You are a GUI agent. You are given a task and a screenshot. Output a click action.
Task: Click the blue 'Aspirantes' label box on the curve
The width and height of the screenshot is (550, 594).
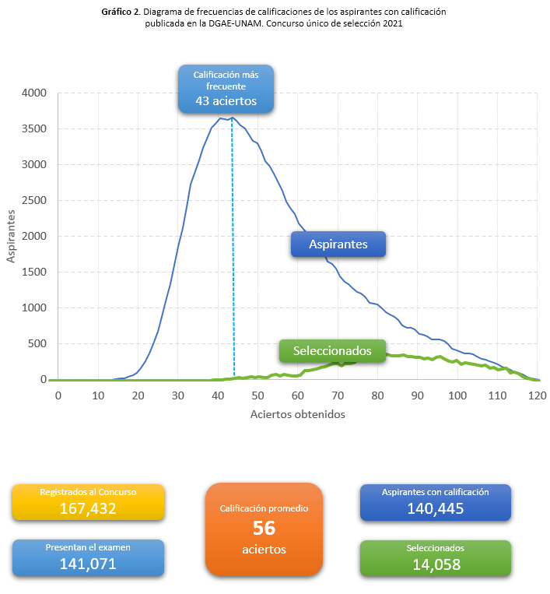pyautogui.click(x=338, y=244)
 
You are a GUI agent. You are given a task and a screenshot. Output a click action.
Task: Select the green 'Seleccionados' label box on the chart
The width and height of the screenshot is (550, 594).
pyautogui.click(x=332, y=351)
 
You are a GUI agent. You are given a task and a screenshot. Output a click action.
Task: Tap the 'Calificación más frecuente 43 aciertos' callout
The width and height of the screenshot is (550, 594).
pyautogui.click(x=226, y=89)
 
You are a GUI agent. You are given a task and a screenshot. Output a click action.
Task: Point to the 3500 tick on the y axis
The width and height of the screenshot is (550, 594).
pyautogui.click(x=34, y=128)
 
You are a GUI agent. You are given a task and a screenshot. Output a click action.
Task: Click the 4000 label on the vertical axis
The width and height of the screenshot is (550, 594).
pyautogui.click(x=34, y=93)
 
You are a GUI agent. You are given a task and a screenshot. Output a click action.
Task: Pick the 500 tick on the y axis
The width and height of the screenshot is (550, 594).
pyautogui.click(x=37, y=343)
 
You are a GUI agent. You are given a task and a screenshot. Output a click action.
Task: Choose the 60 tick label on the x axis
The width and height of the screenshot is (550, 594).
pyautogui.click(x=297, y=396)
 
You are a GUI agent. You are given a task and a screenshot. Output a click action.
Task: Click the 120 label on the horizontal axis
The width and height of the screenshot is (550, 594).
pyautogui.click(x=537, y=396)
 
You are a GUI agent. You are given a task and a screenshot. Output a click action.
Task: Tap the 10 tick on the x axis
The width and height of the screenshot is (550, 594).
pyautogui.click(x=98, y=396)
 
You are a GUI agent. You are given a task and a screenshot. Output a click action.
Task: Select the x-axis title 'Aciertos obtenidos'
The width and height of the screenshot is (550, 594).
pyautogui.click(x=297, y=414)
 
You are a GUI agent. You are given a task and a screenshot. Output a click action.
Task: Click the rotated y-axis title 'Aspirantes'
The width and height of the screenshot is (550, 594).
pyautogui.click(x=11, y=237)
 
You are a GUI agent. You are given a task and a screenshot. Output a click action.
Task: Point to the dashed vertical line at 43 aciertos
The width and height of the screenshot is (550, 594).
pyautogui.click(x=233, y=248)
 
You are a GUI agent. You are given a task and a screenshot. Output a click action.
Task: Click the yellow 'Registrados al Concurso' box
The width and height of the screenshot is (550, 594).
pyautogui.click(x=88, y=502)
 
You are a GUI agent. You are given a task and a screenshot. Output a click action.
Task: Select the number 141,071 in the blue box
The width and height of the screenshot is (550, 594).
pyautogui.click(x=88, y=564)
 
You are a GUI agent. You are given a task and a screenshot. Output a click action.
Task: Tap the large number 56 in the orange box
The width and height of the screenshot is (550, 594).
pyautogui.click(x=264, y=528)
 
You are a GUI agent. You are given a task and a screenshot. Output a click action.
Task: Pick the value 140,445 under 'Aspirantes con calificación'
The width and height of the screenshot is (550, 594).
pyautogui.click(x=436, y=509)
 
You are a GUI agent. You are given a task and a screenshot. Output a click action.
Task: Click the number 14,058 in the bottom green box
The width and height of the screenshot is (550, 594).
pyautogui.click(x=436, y=565)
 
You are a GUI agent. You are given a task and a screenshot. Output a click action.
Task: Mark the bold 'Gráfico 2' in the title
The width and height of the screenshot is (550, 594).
pyautogui.click(x=121, y=12)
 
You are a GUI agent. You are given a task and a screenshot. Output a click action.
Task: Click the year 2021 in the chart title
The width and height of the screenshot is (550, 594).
pyautogui.click(x=393, y=23)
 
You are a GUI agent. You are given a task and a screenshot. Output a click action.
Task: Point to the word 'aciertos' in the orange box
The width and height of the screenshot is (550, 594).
pyautogui.click(x=264, y=550)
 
